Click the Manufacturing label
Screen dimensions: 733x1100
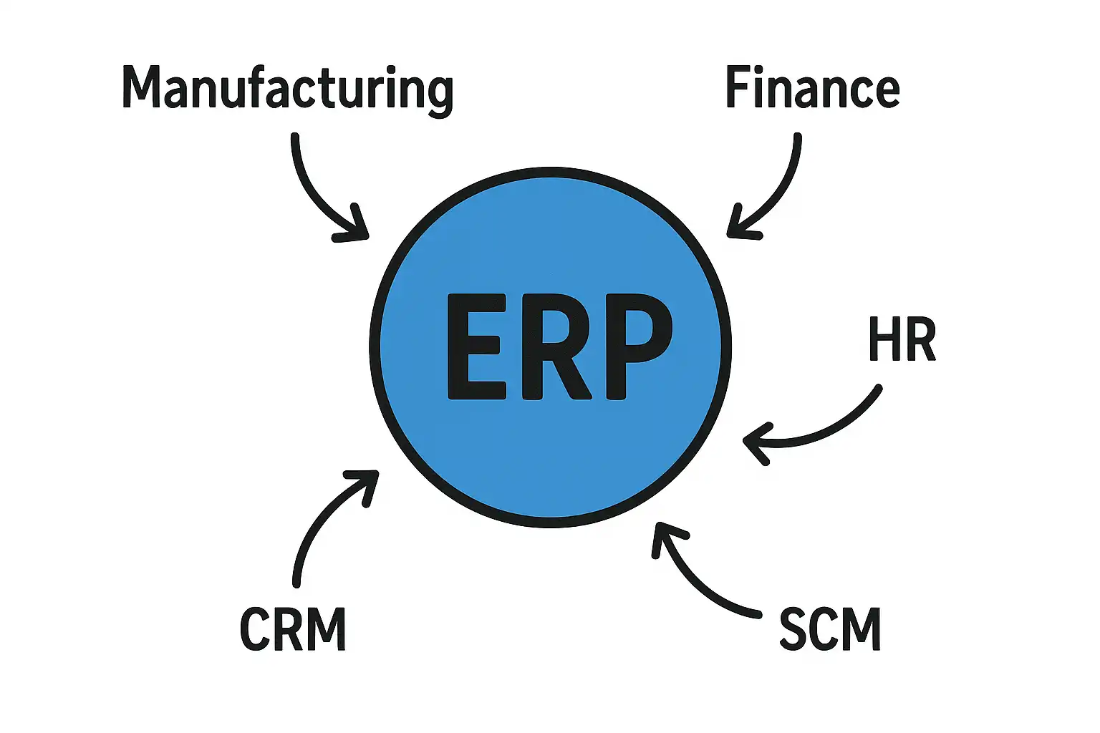287,89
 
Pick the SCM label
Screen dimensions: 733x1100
829,629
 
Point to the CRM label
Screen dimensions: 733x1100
293,629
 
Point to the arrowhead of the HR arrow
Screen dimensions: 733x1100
756,444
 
